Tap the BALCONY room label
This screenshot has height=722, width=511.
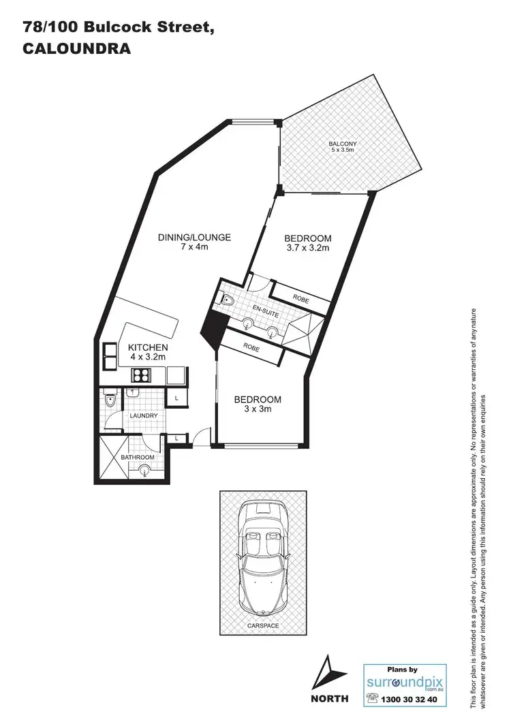pyautogui.click(x=343, y=144)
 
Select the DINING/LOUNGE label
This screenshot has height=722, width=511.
pyautogui.click(x=194, y=238)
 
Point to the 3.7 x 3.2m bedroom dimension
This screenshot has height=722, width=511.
pyautogui.click(x=307, y=249)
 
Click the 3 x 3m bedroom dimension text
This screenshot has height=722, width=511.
pyautogui.click(x=257, y=409)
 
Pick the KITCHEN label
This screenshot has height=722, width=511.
pyautogui.click(x=148, y=347)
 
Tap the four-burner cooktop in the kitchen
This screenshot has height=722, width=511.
pyautogui.click(x=140, y=374)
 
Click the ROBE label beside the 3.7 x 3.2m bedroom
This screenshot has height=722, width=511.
pyautogui.click(x=301, y=297)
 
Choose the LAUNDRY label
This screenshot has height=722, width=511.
pyautogui.click(x=144, y=415)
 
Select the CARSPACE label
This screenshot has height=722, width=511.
pyautogui.click(x=262, y=625)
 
